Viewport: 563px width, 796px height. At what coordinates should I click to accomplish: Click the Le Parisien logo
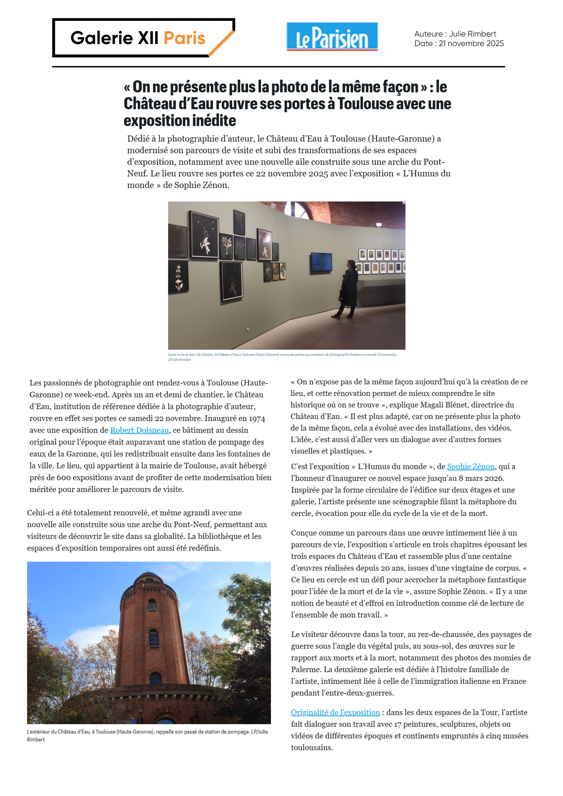pos(332,37)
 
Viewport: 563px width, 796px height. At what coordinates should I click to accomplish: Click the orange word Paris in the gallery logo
pos(185,38)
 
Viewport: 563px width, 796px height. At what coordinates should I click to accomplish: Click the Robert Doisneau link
pos(139,430)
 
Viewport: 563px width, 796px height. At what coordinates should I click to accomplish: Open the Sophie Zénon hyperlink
pos(470,467)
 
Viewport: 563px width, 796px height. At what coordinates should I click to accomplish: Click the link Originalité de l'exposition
pos(335,712)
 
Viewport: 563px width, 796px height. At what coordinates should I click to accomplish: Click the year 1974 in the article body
pos(257,419)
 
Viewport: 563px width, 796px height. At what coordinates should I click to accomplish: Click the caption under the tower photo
pos(147,735)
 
